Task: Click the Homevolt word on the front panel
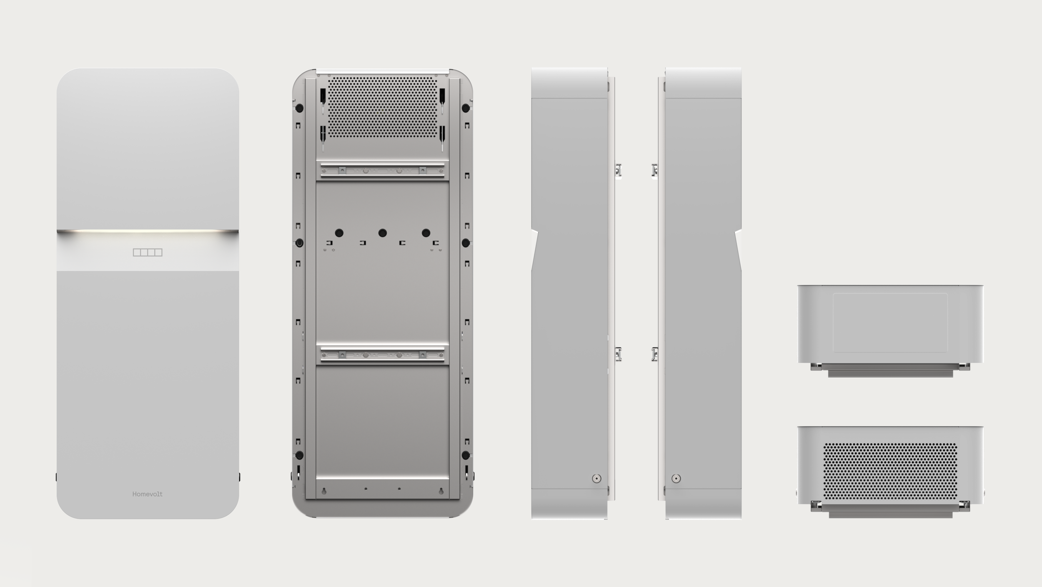(147, 494)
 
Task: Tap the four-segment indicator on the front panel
(148, 252)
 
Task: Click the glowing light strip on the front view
(148, 231)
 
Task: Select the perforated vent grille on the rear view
(382, 107)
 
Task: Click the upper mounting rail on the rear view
(382, 170)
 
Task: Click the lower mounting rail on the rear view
(382, 355)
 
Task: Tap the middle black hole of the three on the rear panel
(382, 233)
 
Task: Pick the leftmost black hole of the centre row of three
(339, 233)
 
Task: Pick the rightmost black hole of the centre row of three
(426, 233)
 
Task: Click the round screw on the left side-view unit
(596, 478)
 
